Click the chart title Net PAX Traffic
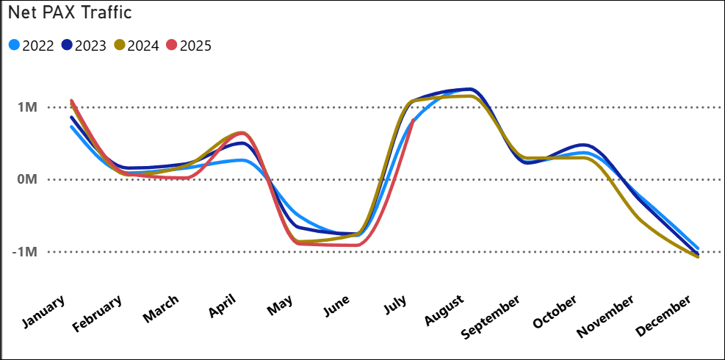(70, 15)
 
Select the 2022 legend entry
(32, 46)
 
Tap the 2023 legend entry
(84, 46)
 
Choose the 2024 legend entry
(137, 46)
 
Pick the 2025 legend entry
(189, 46)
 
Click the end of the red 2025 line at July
(414, 120)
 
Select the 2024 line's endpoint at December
(697, 257)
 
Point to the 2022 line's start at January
(71, 127)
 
